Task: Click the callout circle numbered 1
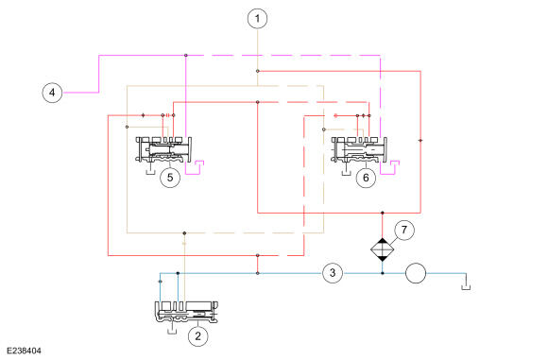tap(258, 18)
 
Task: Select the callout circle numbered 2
tap(198, 336)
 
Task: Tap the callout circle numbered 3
tap(333, 273)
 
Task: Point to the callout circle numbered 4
tap(52, 93)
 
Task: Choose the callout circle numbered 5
tap(170, 178)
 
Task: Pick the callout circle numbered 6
tap(366, 178)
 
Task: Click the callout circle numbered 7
tap(404, 230)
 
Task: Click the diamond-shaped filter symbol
tap(383, 249)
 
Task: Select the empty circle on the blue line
tap(416, 273)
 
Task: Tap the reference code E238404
tap(24, 351)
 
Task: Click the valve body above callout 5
tap(163, 149)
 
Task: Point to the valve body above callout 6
tap(359, 149)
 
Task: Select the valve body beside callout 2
tap(186, 312)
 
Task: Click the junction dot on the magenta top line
tap(186, 55)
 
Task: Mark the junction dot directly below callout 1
tap(258, 71)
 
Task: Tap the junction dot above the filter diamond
tap(383, 213)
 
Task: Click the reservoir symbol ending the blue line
tap(466, 287)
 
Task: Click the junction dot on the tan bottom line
tap(184, 232)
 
